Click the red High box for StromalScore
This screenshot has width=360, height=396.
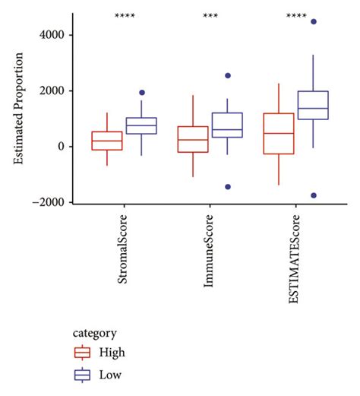point(106,141)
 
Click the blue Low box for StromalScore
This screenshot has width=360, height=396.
point(141,125)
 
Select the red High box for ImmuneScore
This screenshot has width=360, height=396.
point(193,139)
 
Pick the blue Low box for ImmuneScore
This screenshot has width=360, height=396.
point(227,125)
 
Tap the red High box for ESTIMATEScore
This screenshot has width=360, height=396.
point(279,133)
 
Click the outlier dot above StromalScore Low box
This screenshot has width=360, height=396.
point(141,93)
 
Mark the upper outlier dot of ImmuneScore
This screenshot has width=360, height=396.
point(227,76)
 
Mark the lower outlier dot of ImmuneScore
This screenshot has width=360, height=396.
point(227,186)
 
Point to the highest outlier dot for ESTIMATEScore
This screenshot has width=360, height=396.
point(313,22)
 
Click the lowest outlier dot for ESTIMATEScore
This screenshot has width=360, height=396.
point(313,195)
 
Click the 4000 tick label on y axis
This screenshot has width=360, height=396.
point(58,35)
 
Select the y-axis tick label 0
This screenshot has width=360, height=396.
point(68,147)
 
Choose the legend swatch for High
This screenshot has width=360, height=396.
point(82,352)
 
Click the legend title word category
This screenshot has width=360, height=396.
point(96,332)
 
